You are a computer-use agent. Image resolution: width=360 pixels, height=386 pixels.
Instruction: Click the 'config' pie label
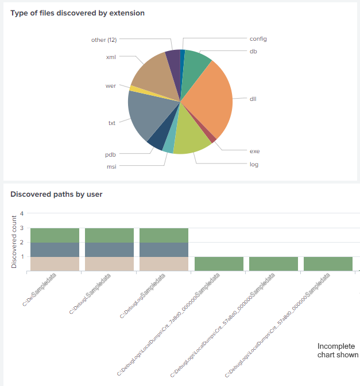(x=258, y=39)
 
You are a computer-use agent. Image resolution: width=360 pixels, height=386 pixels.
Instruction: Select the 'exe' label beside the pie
(x=254, y=151)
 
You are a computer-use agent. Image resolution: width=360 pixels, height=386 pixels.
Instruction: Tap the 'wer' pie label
(x=111, y=86)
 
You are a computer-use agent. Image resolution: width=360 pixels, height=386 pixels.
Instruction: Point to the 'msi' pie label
(x=111, y=167)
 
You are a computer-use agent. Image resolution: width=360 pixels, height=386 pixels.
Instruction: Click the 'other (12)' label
(x=104, y=40)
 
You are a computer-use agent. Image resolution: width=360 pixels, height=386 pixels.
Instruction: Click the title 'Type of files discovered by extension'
(x=78, y=13)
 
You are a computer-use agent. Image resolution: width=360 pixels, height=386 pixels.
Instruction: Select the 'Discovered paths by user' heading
(x=56, y=194)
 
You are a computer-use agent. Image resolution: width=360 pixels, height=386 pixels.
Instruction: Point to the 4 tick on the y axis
(x=22, y=213)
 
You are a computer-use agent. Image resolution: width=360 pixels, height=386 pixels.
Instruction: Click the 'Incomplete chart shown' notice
(x=338, y=350)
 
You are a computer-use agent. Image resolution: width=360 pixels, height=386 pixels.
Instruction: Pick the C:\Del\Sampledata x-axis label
(x=45, y=289)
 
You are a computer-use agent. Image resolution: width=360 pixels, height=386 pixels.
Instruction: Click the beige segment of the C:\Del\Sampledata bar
(x=55, y=263)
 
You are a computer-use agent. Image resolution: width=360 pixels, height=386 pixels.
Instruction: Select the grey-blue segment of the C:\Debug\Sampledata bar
(x=109, y=249)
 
